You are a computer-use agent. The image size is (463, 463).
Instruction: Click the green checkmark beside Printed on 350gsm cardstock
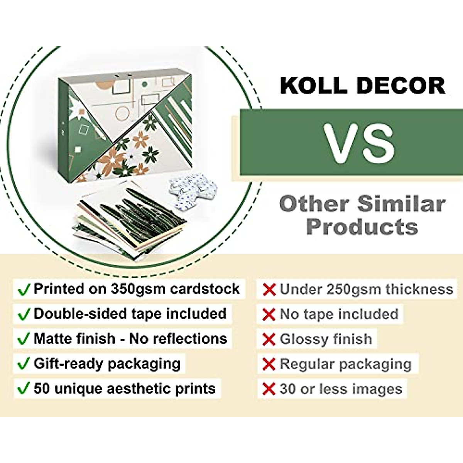(24, 289)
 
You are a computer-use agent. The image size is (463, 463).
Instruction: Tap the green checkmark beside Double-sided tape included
(24, 314)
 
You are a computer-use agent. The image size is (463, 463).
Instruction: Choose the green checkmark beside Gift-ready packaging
(24, 364)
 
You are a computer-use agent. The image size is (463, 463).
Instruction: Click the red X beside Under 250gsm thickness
(269, 289)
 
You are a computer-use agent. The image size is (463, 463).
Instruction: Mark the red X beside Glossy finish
(269, 339)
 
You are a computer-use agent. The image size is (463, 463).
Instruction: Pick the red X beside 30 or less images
(269, 389)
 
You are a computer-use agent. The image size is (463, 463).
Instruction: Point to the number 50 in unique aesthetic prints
(42, 388)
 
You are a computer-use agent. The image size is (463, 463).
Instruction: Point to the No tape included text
(339, 314)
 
